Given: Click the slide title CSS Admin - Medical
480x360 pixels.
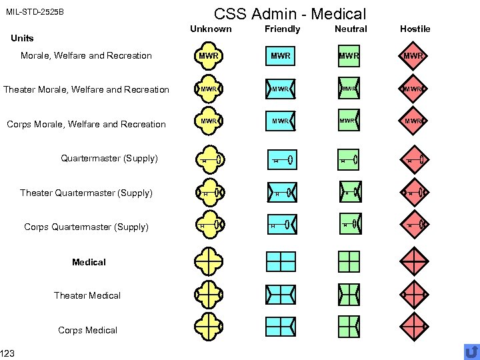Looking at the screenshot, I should [x=289, y=13].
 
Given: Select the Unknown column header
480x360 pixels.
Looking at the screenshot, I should [x=211, y=29].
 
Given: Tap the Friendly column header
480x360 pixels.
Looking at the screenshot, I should [x=282, y=29].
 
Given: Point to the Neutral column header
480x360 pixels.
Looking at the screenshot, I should [x=351, y=29].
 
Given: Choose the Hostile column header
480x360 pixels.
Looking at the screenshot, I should [x=415, y=29].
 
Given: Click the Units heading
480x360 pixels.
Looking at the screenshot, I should [x=22, y=38].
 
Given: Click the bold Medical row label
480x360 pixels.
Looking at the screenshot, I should [x=89, y=262].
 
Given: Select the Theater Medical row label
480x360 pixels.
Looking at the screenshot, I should [x=87, y=295].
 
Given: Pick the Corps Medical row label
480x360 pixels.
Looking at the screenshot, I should [x=87, y=330].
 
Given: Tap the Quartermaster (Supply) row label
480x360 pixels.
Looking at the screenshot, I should [x=109, y=158].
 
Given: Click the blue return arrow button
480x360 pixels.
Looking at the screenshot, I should [x=471, y=351].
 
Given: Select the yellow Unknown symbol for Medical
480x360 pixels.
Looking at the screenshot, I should [x=209, y=261].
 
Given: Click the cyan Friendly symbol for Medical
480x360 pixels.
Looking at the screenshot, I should [x=281, y=261].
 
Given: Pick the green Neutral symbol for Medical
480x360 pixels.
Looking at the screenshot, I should [x=349, y=261].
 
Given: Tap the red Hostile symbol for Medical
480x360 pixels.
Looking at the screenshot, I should [x=415, y=261].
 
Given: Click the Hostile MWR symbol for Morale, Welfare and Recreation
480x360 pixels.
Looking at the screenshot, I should [x=415, y=56].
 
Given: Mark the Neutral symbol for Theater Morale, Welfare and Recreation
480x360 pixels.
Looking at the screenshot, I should [x=349, y=89].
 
